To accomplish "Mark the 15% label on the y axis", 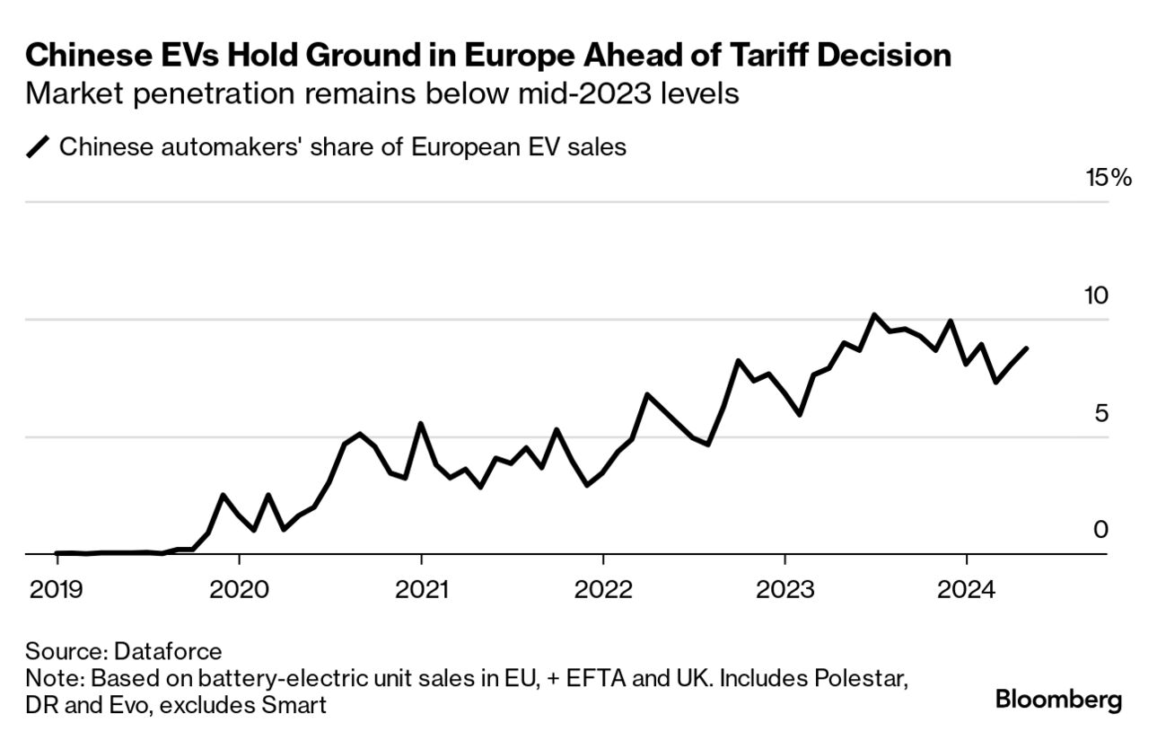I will click(1109, 178).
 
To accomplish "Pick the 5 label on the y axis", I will click(1101, 413).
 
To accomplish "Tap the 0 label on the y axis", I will click(1100, 530).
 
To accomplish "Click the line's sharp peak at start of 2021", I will click(421, 424).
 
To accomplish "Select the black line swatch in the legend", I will click(39, 147).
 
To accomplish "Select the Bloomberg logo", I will click(1058, 699).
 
